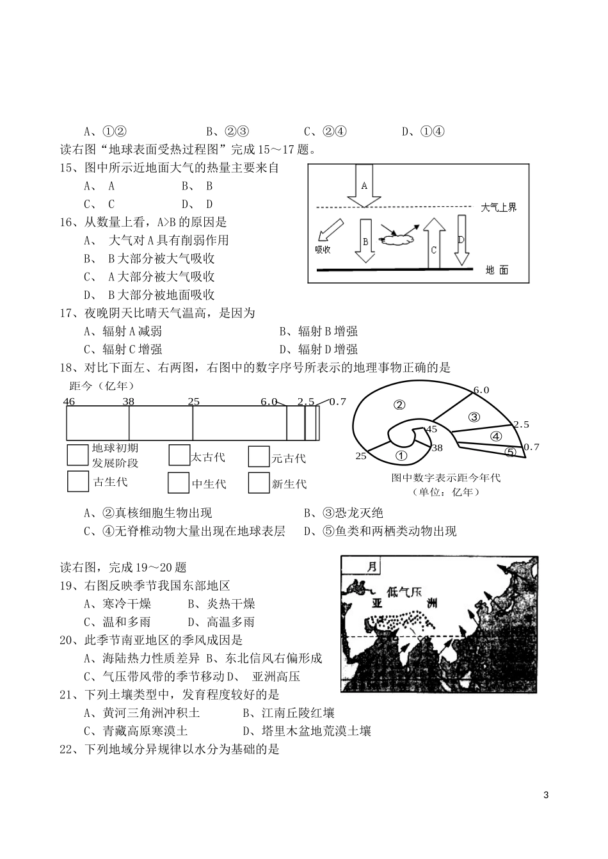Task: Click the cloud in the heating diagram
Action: [397, 238]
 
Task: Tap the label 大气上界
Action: [499, 207]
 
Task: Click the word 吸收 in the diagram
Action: [323, 250]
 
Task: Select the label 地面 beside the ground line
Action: [497, 270]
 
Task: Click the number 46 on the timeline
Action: [70, 401]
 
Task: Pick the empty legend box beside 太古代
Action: [179, 456]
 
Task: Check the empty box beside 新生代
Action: [258, 483]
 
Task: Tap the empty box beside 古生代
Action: [77, 481]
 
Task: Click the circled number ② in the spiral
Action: [400, 405]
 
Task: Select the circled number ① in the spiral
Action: [401, 456]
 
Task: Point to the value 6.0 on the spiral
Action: [481, 390]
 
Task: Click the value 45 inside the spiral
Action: [431, 429]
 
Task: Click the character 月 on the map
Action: [372, 566]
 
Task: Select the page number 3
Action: [545, 796]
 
